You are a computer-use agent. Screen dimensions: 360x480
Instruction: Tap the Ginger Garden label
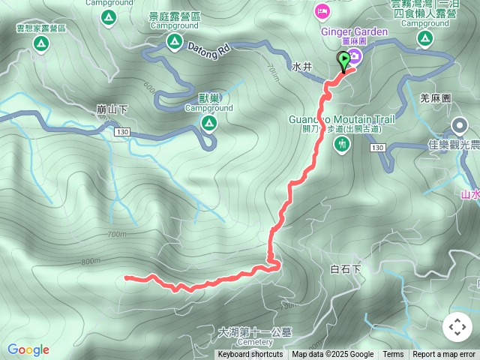355,31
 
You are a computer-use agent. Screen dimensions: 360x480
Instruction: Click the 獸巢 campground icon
208,125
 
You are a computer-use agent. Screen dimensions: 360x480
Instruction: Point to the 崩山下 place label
112,109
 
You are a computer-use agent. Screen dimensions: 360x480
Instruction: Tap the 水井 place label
302,67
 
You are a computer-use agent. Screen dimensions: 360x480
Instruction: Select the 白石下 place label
346,268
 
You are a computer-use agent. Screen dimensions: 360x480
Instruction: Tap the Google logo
28,349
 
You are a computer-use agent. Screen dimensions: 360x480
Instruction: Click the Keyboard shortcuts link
250,355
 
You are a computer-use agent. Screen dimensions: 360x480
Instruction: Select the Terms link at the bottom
393,355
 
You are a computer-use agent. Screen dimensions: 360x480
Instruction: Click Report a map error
444,355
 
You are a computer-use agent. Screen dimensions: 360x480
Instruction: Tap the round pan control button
457,327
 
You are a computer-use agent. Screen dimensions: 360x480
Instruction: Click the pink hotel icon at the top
322,11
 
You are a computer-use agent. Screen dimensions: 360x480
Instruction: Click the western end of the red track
126,278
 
